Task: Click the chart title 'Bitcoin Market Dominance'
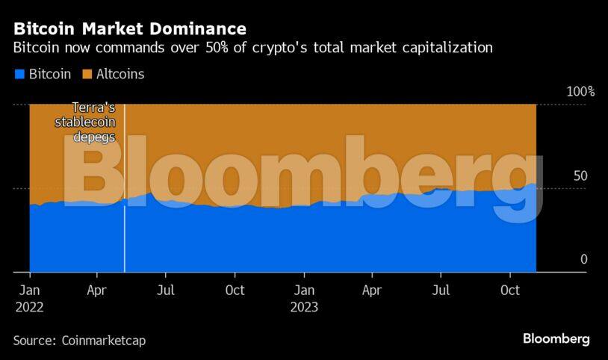click(129, 30)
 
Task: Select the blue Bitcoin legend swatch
click(19, 74)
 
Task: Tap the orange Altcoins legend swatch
click(86, 74)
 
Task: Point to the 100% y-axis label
click(580, 92)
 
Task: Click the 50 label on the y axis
click(580, 176)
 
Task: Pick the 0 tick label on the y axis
click(584, 259)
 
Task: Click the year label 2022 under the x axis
click(29, 307)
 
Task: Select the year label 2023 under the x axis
click(303, 307)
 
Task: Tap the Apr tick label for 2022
click(97, 290)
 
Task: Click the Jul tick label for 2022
click(166, 290)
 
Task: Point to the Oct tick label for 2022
click(235, 290)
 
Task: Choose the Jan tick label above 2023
click(303, 290)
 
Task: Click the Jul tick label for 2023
click(441, 290)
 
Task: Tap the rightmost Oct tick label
click(510, 290)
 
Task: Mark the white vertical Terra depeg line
click(124, 224)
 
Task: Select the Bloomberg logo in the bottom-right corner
click(556, 339)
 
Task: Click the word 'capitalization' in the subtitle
click(450, 49)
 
